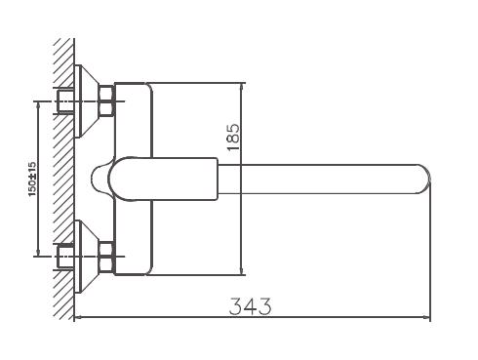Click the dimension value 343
click(x=250, y=305)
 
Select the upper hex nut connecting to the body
click(x=106, y=95)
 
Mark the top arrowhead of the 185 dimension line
click(x=239, y=85)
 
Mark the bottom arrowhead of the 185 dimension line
click(x=239, y=272)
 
